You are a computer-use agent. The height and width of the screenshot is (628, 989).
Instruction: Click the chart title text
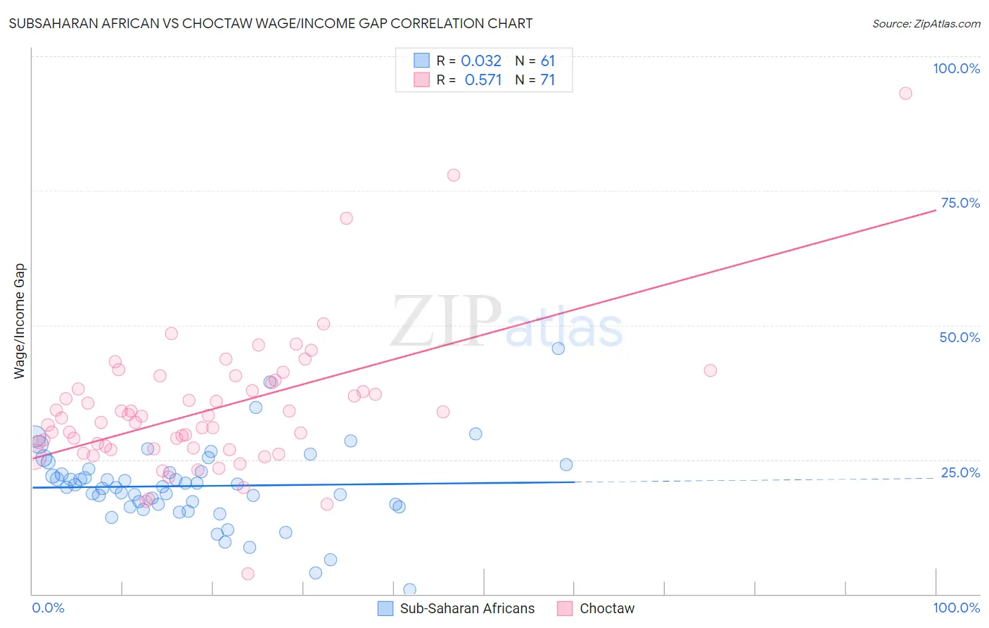click(271, 23)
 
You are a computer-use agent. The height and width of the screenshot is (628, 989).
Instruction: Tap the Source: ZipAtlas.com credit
click(926, 24)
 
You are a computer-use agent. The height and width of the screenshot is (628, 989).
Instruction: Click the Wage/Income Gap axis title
click(20, 321)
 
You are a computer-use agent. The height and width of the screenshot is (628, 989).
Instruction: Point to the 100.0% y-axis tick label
click(956, 68)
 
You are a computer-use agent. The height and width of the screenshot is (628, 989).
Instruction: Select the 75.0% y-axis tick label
click(960, 203)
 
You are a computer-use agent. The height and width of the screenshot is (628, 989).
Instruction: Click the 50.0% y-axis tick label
click(959, 337)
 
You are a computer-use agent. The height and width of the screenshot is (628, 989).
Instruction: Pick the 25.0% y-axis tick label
click(960, 472)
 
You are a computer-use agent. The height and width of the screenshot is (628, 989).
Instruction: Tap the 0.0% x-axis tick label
click(48, 608)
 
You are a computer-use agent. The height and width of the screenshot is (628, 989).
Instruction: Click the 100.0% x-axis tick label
click(956, 608)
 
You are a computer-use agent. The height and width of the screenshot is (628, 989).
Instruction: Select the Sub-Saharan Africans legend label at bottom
click(467, 608)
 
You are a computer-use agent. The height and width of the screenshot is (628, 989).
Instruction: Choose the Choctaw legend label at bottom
click(606, 608)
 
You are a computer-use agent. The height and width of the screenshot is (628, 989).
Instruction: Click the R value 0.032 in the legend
click(481, 61)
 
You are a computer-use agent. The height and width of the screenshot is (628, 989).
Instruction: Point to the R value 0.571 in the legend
click(483, 80)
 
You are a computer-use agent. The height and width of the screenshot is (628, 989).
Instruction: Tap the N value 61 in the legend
click(548, 61)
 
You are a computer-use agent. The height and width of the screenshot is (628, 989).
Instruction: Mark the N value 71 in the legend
click(548, 80)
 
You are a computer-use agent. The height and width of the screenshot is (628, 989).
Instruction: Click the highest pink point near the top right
click(905, 94)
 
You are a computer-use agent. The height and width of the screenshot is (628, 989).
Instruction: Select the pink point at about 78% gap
click(454, 175)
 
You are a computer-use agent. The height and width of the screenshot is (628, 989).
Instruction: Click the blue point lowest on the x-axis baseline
click(409, 589)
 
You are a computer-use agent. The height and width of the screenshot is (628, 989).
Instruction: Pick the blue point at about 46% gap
click(558, 348)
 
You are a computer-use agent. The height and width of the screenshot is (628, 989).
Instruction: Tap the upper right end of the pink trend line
click(935, 211)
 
